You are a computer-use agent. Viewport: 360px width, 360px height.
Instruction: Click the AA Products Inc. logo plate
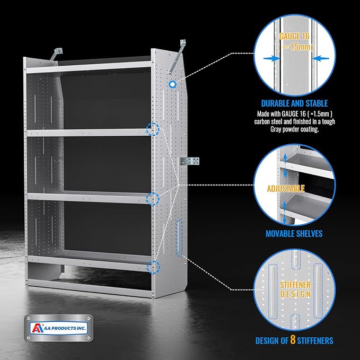tap(59, 328)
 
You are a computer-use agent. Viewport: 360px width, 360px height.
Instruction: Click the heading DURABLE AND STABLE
tap(294, 103)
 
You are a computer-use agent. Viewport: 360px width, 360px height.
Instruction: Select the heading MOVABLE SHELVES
tap(294, 234)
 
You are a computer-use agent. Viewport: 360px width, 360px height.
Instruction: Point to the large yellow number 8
tap(293, 339)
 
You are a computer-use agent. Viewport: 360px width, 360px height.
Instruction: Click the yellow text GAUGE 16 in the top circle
tap(294, 36)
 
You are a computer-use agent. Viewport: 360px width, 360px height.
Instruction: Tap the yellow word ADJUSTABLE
tap(286, 189)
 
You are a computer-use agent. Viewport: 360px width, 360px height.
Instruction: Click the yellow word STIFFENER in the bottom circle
tap(295, 285)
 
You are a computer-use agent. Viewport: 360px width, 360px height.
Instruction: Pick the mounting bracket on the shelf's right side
tap(189, 161)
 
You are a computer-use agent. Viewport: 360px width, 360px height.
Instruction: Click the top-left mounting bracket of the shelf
tap(57, 53)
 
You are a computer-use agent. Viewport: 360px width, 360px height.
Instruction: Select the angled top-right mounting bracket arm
tap(177, 57)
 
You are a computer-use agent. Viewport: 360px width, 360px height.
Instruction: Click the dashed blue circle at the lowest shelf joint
tap(153, 267)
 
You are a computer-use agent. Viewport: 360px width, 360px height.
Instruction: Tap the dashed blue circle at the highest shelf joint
tap(153, 129)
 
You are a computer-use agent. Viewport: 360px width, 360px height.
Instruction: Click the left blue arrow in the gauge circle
tap(271, 58)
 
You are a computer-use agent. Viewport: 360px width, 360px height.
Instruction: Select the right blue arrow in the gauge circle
tap(321, 58)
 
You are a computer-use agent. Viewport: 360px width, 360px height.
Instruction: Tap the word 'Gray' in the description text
tap(276, 129)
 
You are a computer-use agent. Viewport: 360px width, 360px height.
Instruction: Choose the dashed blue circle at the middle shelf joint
tap(153, 199)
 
